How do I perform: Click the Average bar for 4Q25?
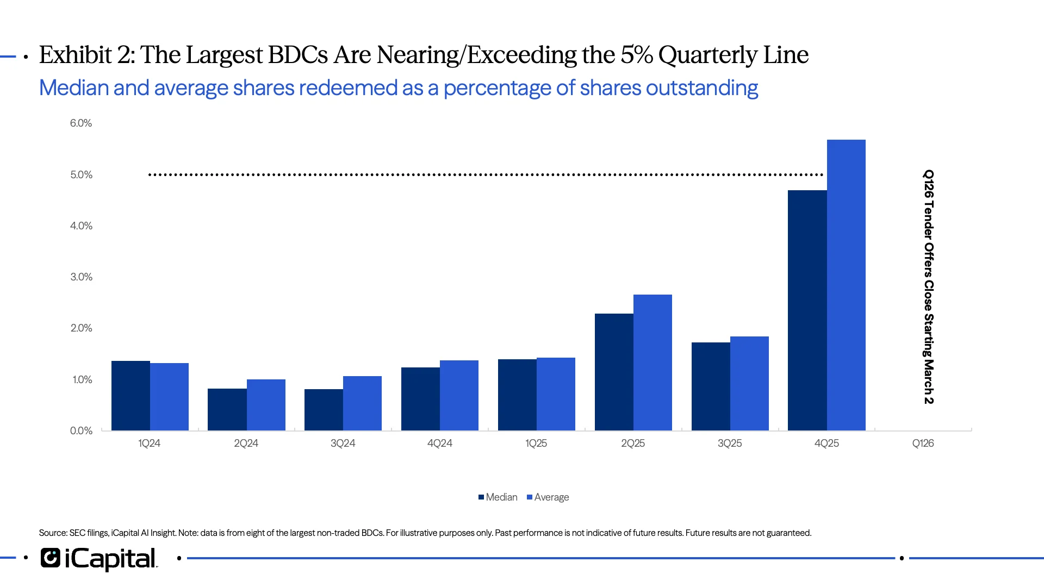click(x=846, y=285)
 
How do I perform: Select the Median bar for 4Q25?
click(x=807, y=310)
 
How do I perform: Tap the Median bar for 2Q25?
click(x=614, y=372)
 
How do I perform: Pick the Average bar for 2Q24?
click(x=266, y=405)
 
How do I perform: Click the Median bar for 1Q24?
click(x=130, y=396)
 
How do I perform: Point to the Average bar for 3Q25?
click(x=749, y=384)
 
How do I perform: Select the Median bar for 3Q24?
click(x=324, y=410)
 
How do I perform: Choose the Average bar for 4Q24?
click(x=459, y=396)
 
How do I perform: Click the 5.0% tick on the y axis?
click(x=81, y=175)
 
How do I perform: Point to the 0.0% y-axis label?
click(x=81, y=431)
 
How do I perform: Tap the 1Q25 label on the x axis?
click(x=536, y=444)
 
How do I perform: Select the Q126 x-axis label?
click(x=923, y=444)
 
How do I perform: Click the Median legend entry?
click(x=498, y=497)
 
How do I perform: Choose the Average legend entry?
click(x=548, y=497)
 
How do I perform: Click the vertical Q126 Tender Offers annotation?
click(x=929, y=286)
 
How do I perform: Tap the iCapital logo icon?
click(x=51, y=558)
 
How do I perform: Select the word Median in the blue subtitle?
click(x=73, y=88)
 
